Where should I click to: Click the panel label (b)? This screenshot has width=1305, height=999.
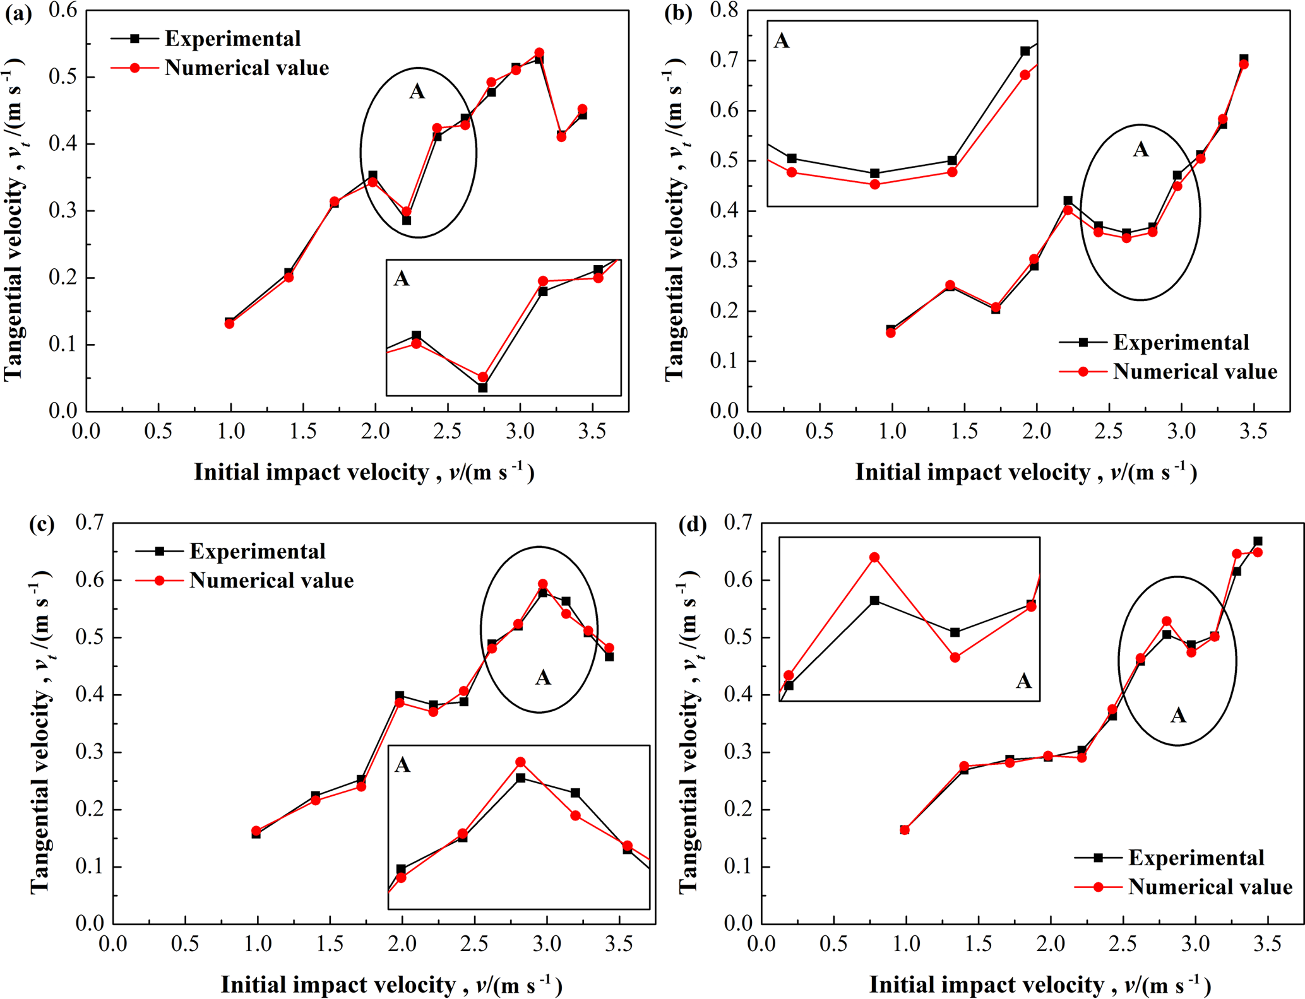point(678,14)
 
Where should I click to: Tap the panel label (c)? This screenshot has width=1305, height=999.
point(42,525)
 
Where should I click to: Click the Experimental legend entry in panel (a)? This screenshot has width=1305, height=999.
point(232,38)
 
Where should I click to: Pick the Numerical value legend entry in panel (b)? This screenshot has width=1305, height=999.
point(1195,371)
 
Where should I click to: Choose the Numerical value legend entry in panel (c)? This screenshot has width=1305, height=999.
point(271,580)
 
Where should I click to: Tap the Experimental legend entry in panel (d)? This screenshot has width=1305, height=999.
point(1196,858)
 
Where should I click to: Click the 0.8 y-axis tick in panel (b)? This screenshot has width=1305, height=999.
point(725,11)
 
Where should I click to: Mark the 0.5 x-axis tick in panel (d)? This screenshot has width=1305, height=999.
point(833,944)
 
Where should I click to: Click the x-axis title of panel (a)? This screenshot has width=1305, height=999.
point(364,472)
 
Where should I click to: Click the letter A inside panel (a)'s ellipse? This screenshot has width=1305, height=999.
point(417,92)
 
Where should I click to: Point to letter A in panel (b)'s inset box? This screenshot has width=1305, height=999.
point(782,42)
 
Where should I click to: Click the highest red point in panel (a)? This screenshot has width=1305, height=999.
point(539,53)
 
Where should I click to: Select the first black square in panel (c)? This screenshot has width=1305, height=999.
point(256,834)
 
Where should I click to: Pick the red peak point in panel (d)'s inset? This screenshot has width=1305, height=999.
point(874,557)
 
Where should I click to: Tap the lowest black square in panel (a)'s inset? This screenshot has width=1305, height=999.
point(482,387)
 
